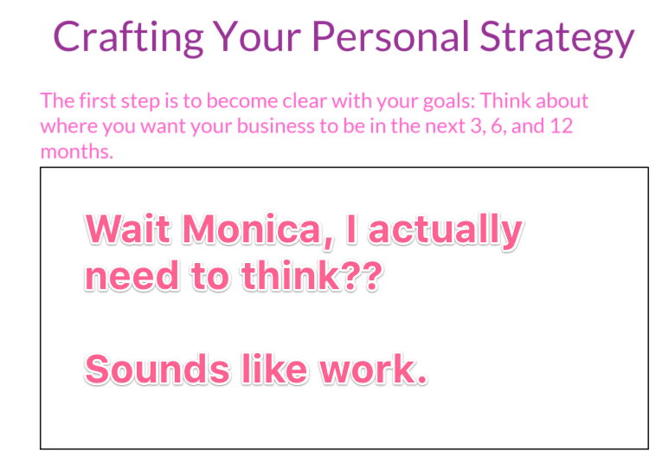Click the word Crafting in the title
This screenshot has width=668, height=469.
tap(128, 37)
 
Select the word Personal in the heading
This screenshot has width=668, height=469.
tap(390, 36)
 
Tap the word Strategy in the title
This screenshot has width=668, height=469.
tap(557, 38)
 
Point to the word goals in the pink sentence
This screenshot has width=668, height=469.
tap(449, 102)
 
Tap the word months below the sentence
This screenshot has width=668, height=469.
tap(77, 151)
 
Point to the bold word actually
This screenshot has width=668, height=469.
tap(446, 232)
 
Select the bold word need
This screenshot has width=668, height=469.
tap(132, 276)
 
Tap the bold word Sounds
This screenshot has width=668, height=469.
tap(158, 369)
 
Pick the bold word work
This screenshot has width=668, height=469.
tap(374, 369)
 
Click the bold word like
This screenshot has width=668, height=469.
tap(275, 369)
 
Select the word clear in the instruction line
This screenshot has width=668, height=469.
tap(305, 101)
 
